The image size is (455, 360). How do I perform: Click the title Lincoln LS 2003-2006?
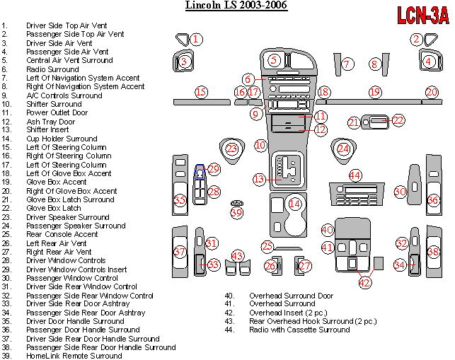(236, 6)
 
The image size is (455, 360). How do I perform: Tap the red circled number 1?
(196, 40)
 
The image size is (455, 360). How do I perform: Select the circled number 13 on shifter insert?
(259, 179)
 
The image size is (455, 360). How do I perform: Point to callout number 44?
(355, 175)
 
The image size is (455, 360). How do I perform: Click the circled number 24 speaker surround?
(343, 149)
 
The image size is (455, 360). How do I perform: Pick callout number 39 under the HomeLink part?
(236, 212)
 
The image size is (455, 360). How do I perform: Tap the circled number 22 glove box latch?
(398, 121)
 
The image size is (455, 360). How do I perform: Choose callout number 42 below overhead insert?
(364, 283)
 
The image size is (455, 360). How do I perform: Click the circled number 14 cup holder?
(294, 204)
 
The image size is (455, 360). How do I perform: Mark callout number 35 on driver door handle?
(180, 201)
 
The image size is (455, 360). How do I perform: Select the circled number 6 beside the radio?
(248, 79)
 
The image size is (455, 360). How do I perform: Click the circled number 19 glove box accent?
(374, 93)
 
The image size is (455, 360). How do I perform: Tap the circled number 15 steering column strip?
(201, 92)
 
